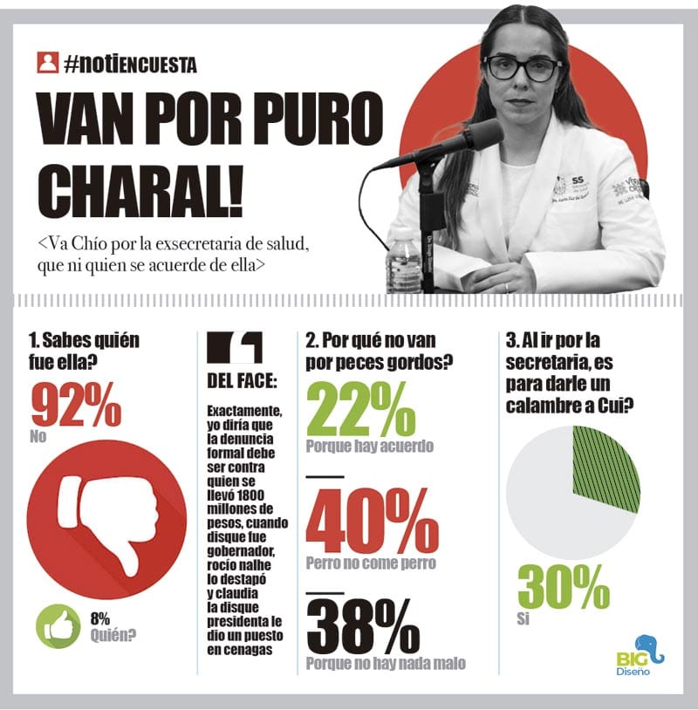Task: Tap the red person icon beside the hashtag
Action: tap(47, 63)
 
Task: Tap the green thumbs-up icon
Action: tap(58, 626)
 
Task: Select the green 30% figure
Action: tap(563, 587)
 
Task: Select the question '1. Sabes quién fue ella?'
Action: tap(84, 349)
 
